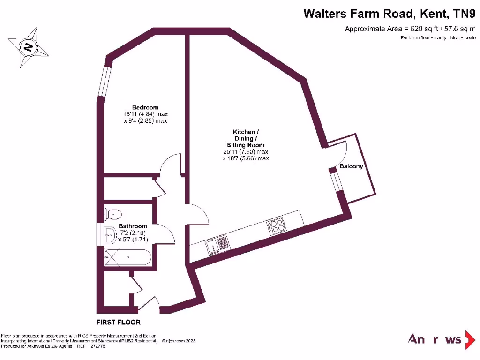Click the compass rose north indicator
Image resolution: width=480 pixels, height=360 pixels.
[29, 47]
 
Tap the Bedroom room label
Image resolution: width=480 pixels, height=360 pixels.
[145, 107]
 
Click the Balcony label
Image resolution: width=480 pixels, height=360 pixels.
[351, 166]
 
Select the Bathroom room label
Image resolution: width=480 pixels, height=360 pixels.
[133, 226]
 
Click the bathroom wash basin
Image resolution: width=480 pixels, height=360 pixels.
[111, 234]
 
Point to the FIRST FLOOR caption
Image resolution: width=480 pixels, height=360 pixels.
[118, 322]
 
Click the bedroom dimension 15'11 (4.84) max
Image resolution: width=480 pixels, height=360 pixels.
[145, 114]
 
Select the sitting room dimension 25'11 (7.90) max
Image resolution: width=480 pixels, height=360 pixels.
[246, 152]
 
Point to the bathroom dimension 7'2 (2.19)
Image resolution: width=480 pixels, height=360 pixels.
[133, 232]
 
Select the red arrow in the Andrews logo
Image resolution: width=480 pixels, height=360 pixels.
[469, 340]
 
